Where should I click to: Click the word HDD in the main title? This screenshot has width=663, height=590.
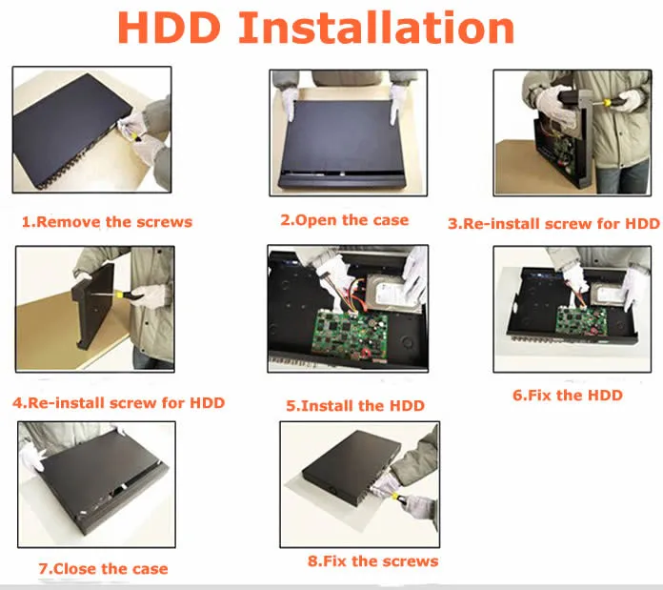(169, 28)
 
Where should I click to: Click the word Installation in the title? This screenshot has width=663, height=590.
(376, 28)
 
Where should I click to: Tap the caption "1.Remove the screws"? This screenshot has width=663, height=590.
(107, 222)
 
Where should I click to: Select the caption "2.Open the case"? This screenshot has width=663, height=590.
(345, 220)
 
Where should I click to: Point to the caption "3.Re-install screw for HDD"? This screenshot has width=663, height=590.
(553, 223)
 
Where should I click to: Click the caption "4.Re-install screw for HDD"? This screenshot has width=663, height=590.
(118, 402)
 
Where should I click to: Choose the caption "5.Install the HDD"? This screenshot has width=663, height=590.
(355, 406)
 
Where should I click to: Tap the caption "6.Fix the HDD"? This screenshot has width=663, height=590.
(568, 396)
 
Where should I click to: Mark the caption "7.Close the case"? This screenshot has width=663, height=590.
(103, 569)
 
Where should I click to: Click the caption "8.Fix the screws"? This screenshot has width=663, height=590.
(373, 561)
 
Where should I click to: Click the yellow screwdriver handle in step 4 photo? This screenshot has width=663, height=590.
(124, 295)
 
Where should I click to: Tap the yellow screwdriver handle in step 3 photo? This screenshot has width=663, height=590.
(607, 103)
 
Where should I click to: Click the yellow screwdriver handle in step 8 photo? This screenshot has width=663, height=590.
(396, 497)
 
